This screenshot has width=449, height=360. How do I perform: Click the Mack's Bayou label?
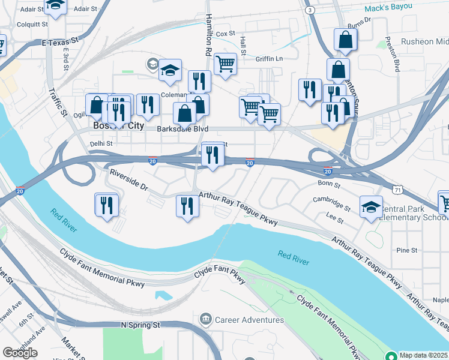click(x=389, y=7)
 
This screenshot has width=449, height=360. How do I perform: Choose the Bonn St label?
click(x=329, y=184)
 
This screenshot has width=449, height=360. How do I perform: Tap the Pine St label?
click(x=407, y=250)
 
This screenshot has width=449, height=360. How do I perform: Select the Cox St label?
click(x=224, y=34)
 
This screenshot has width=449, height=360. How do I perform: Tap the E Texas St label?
click(x=61, y=43)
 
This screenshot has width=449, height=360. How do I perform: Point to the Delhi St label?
click(x=101, y=144)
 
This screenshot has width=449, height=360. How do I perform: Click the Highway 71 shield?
click(x=397, y=188)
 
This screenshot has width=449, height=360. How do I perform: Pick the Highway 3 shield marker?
click(x=309, y=10)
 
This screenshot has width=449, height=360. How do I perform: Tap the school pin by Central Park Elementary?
click(x=371, y=207)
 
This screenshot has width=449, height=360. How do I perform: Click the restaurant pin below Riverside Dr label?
click(x=105, y=204)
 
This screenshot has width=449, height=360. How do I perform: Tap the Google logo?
click(x=20, y=352)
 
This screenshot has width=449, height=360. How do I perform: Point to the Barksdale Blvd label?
click(x=175, y=128)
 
